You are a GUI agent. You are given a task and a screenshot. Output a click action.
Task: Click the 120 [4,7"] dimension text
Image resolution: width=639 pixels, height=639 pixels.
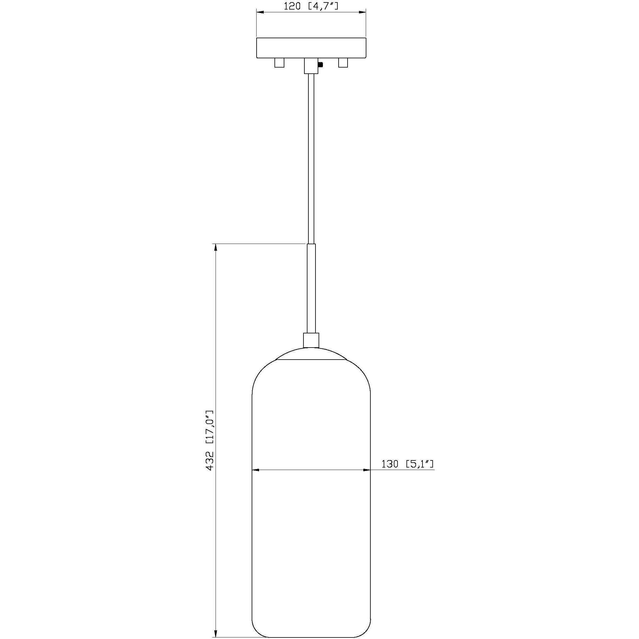tap(311, 6)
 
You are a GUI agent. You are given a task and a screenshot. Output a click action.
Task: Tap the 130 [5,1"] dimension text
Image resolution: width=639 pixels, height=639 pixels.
tap(407, 464)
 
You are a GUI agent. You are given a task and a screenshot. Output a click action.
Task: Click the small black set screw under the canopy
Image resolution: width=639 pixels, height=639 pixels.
tap(320, 65)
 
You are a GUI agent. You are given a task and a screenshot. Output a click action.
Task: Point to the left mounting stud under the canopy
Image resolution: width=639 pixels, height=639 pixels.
tap(279, 63)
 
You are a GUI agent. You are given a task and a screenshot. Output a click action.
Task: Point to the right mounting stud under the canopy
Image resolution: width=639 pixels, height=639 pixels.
tap(343, 63)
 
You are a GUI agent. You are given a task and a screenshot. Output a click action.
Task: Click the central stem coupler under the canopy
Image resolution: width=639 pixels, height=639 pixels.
tap(311, 66)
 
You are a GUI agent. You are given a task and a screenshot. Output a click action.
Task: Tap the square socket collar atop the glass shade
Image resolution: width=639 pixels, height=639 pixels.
tap(311, 340)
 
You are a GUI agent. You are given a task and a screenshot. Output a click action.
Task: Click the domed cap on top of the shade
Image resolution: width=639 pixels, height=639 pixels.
tap(311, 355)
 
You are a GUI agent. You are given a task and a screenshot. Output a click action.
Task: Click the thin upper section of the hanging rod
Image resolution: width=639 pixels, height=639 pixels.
tap(311, 159)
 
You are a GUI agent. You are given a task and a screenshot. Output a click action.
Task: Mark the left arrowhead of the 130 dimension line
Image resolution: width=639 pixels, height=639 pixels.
tap(255, 470)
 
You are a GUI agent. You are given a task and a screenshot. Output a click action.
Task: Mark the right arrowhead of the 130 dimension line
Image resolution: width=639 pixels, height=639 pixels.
tap(367, 470)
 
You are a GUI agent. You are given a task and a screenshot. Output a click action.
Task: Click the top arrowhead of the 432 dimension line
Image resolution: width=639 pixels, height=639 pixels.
tap(216, 247)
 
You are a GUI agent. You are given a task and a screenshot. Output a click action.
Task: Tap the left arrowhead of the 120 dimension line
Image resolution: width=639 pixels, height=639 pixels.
tap(260, 13)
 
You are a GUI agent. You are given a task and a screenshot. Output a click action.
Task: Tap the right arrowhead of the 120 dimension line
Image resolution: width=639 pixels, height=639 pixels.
tap(363, 13)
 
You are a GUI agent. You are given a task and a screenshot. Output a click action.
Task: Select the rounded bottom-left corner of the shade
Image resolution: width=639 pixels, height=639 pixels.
tap(256, 631)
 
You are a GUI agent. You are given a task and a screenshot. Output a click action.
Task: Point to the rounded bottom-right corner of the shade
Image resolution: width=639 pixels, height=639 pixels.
tap(366, 631)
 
